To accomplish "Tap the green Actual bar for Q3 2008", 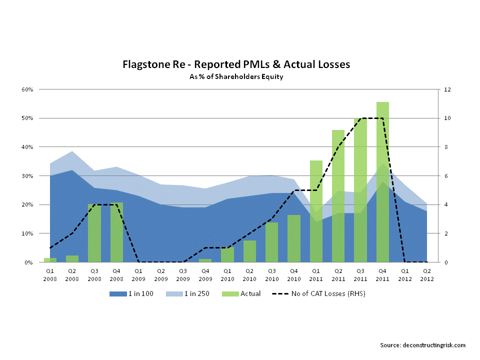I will [x=94, y=233].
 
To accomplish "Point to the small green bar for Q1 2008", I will [x=49, y=260].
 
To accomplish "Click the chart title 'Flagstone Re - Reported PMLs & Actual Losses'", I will [x=236, y=65].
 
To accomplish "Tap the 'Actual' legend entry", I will [x=242, y=293].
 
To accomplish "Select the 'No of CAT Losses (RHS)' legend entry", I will [x=320, y=293].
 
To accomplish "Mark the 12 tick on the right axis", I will [x=441, y=89].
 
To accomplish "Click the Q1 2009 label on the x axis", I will [x=138, y=273].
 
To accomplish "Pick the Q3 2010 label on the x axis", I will [x=272, y=273].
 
